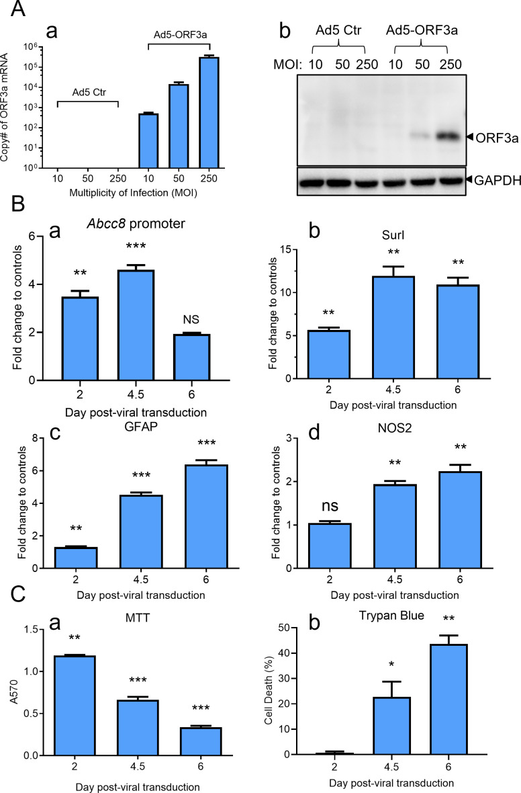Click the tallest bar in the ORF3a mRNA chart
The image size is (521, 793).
209,112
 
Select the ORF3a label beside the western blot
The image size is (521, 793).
498,138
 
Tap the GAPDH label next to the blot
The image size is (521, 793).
498,179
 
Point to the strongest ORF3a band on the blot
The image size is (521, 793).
448,136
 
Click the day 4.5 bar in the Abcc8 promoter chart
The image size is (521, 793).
136,325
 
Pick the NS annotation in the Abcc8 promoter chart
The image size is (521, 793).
191,320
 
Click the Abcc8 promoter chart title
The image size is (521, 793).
136,224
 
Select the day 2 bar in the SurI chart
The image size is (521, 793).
328,354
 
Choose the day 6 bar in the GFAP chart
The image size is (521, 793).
206,516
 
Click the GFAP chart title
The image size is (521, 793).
141,426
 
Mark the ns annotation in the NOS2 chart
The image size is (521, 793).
330,506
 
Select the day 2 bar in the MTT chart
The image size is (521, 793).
75,706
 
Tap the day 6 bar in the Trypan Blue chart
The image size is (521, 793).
448,700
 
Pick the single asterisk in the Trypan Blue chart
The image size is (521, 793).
391,664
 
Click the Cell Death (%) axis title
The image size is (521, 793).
269,690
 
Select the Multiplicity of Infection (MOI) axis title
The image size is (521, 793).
133,193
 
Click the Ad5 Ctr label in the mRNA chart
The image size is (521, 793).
89,93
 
